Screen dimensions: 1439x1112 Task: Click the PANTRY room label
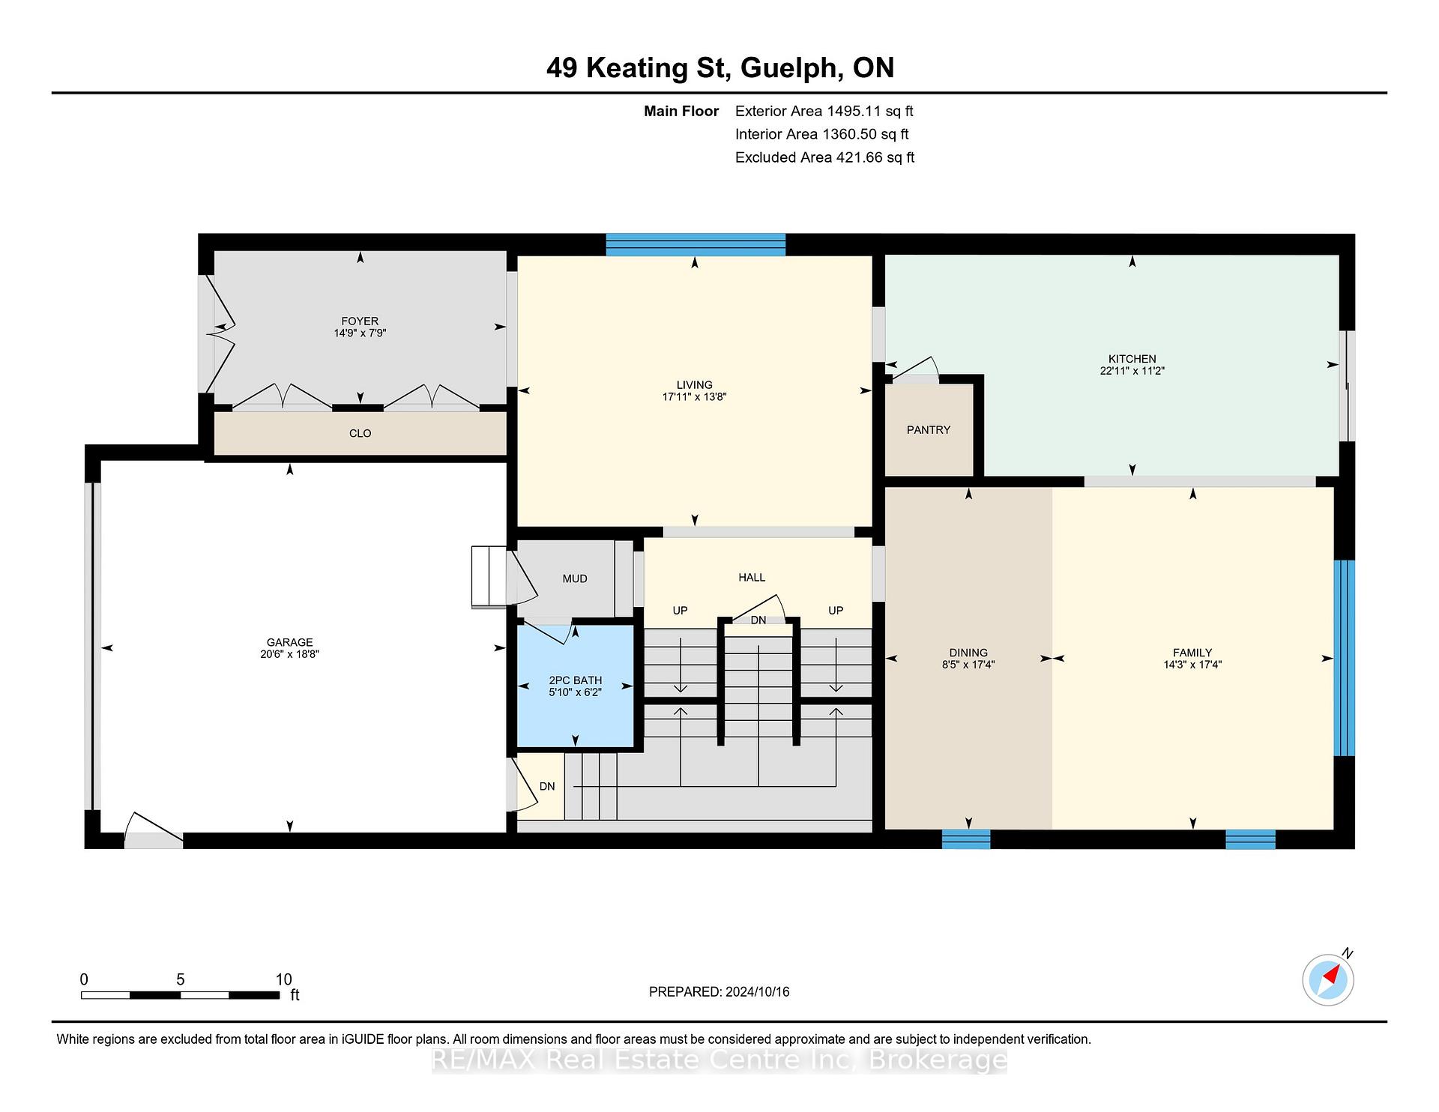coord(928,429)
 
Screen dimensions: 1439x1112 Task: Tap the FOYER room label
coord(360,321)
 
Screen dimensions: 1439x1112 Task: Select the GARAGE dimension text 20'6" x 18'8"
coord(289,654)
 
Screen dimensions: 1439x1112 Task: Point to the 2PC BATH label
coord(575,680)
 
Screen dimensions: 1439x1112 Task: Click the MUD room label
coord(575,578)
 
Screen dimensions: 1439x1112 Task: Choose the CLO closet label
coord(360,433)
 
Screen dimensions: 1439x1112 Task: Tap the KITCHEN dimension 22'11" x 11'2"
coord(1132,371)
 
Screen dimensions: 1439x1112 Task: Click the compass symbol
coord(1328,979)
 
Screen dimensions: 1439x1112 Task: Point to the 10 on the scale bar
coord(283,979)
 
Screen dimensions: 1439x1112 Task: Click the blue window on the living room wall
coord(696,244)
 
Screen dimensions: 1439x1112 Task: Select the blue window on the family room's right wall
coord(1345,658)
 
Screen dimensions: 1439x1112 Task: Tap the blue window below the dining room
coord(966,839)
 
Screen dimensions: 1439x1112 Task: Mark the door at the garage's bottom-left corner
coord(154,830)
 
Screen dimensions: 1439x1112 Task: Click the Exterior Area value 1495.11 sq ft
coord(869,112)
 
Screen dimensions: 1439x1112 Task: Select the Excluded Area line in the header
coord(824,157)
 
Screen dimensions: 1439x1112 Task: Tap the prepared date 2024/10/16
coord(758,991)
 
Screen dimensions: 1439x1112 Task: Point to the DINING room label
coord(968,653)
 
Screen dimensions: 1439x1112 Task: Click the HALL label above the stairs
coord(752,577)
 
